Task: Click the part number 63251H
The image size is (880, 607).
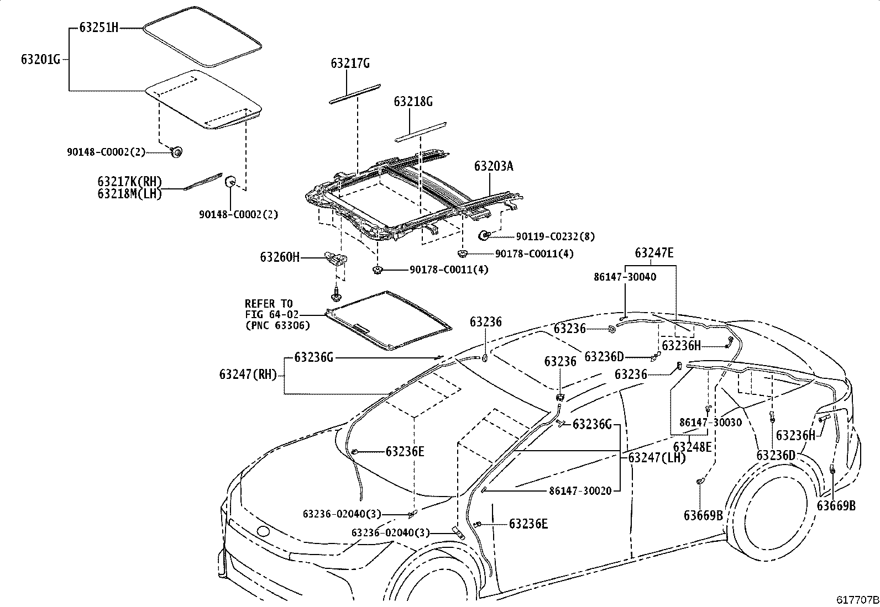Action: click(x=98, y=28)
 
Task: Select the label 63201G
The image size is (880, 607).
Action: click(x=40, y=59)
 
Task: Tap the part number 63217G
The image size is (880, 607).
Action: click(x=350, y=63)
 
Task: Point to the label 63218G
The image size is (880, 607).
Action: click(x=413, y=102)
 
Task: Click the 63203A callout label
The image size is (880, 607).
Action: click(x=494, y=166)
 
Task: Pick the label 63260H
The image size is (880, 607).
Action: click(x=280, y=257)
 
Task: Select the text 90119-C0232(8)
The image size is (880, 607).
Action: click(x=555, y=236)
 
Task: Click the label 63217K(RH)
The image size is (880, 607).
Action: click(x=130, y=181)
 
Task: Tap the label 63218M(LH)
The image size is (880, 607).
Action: click(x=130, y=194)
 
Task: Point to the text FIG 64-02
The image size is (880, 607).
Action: click(x=272, y=314)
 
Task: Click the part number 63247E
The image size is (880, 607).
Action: click(x=654, y=253)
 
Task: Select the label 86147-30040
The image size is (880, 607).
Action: click(x=625, y=277)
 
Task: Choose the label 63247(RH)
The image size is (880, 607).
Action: click(x=248, y=374)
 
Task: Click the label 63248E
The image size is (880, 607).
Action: click(x=692, y=447)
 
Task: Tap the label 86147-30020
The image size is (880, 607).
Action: click(x=580, y=491)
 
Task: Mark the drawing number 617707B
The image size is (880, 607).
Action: click(x=857, y=599)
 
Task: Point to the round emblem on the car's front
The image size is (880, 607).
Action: click(x=263, y=532)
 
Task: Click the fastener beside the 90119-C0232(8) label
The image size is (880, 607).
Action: click(x=484, y=236)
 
